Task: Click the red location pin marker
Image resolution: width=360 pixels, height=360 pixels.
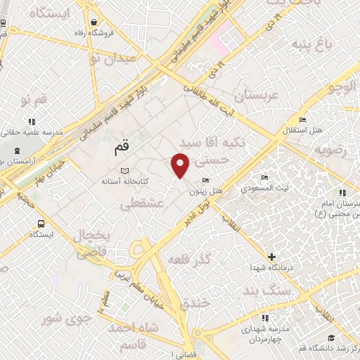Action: coord(181,165)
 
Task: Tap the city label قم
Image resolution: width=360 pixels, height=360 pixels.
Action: coord(122,149)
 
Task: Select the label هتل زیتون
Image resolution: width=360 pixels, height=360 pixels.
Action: coord(205,191)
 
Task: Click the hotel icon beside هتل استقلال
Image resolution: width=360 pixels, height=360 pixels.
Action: coord(302,119)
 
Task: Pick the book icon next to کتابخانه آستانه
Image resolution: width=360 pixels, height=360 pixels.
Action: coord(124,172)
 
